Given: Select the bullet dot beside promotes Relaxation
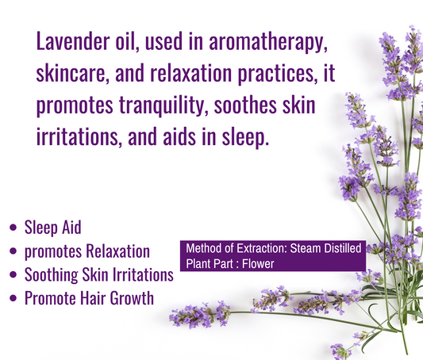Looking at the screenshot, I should click(x=12, y=251).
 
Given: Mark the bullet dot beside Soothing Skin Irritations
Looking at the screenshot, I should click(x=12, y=275).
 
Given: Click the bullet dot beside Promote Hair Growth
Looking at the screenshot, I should click(x=12, y=299).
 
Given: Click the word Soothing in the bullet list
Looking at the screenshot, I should click(x=52, y=275).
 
